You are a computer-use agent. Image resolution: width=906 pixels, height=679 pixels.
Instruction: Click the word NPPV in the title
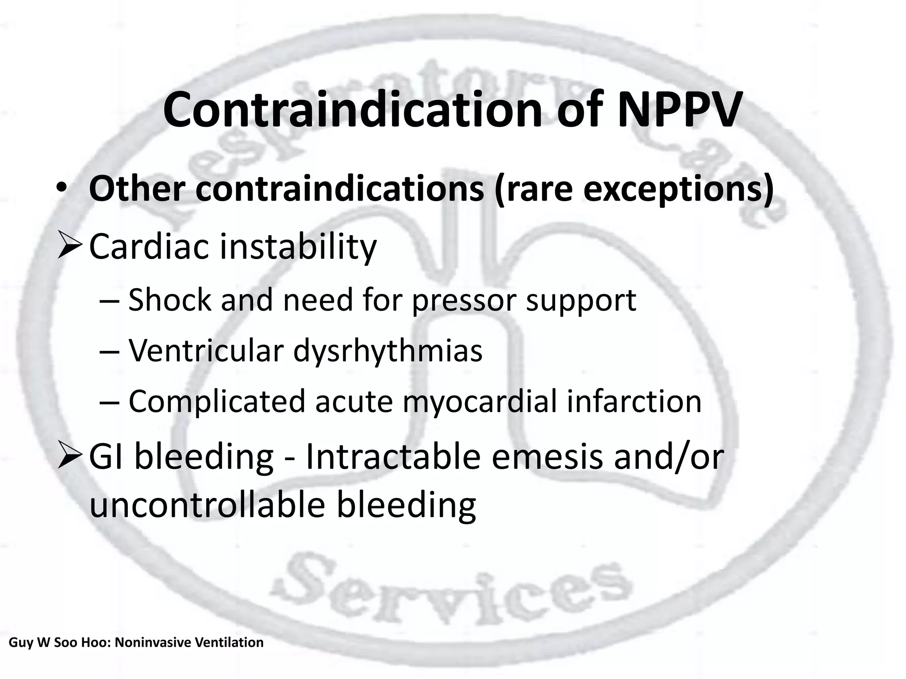pyautogui.click(x=678, y=110)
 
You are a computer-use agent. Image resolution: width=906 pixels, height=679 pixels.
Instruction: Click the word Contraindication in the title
pyautogui.click(x=352, y=110)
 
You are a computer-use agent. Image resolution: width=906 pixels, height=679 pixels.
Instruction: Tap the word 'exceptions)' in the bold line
pyautogui.click(x=678, y=189)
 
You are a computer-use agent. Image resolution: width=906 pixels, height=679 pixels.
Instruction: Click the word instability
pyautogui.click(x=298, y=247)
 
